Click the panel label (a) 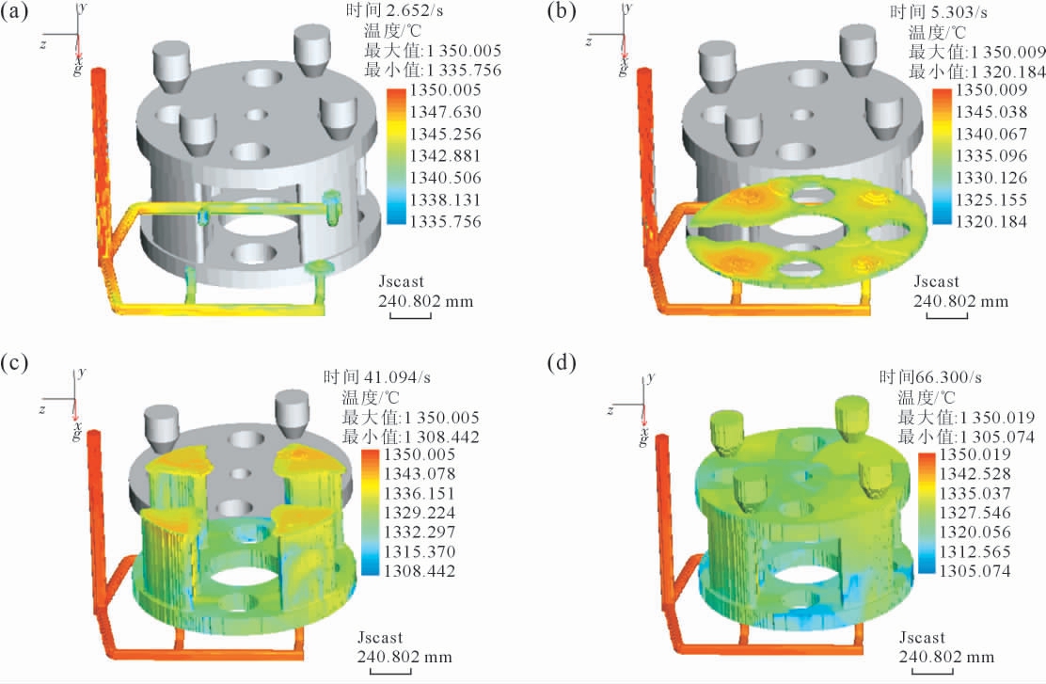14,12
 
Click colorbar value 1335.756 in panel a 445,221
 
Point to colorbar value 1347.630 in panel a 445,112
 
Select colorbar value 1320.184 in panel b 991,221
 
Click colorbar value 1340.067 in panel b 991,135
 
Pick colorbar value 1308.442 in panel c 420,571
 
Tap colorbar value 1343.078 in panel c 420,474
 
